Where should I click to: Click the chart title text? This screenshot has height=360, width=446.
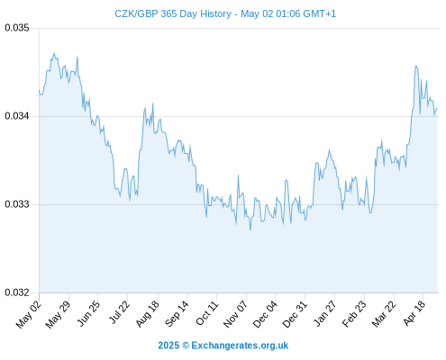point(225,13)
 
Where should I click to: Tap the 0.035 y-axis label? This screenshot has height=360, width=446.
point(17,28)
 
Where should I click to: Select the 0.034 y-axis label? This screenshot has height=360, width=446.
point(17,116)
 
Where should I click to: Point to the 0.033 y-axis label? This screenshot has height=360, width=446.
point(17,204)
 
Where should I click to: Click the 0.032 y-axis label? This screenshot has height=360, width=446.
point(17,292)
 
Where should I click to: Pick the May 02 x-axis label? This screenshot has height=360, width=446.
point(29,314)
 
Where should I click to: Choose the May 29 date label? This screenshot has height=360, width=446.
point(58,314)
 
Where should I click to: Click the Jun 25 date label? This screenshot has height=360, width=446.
point(88,313)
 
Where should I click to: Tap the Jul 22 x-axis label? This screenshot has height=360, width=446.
point(119,312)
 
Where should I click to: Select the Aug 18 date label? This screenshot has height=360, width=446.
point(148,314)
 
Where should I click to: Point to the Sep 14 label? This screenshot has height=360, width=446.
point(177,314)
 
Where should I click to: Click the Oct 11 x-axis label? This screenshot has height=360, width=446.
point(207,313)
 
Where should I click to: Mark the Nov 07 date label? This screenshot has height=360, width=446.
point(236,314)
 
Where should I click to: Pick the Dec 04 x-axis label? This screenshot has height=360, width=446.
point(265,314)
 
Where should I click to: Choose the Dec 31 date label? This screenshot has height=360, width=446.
point(295,314)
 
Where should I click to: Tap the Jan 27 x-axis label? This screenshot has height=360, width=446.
point(324,313)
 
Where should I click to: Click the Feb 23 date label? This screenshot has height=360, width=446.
point(354,314)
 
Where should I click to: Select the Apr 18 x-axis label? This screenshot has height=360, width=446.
point(414,313)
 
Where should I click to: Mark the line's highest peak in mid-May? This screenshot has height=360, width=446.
point(54,53)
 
